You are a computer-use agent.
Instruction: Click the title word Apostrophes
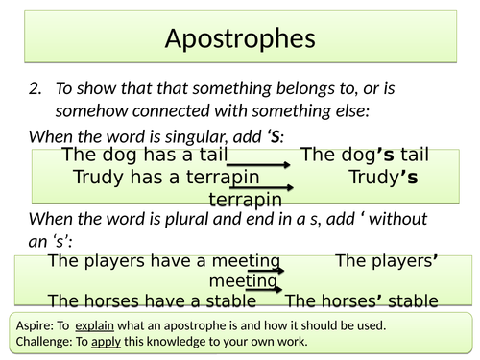(x=239, y=38)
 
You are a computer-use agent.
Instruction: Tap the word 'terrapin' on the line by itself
(x=246, y=200)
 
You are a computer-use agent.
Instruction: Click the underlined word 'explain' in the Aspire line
(x=96, y=324)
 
